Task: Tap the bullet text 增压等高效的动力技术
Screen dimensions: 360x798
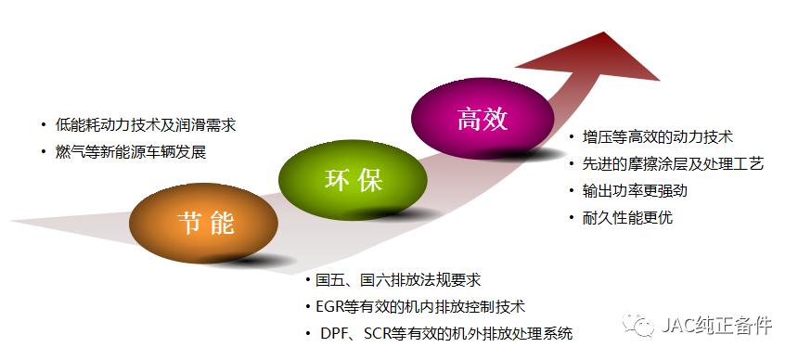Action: click(x=658, y=137)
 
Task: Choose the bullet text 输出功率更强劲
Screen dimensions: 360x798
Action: click(x=635, y=191)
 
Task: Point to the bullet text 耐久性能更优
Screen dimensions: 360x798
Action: click(x=627, y=218)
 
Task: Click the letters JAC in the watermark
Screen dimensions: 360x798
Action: click(x=675, y=327)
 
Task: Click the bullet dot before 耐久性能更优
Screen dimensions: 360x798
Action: click(x=573, y=219)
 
